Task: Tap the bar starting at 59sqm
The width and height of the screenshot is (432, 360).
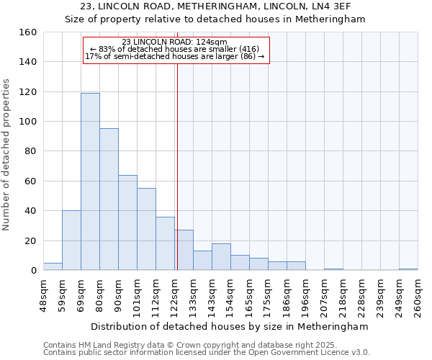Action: click(71, 240)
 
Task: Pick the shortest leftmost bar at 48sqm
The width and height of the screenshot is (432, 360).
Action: click(53, 266)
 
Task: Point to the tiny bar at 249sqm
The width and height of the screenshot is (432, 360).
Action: click(408, 269)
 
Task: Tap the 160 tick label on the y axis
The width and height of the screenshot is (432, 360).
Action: click(27, 32)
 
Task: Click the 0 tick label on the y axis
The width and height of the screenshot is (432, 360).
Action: click(33, 271)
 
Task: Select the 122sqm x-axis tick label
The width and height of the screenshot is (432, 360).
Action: click(174, 295)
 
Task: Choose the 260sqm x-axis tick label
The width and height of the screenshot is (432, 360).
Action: click(418, 295)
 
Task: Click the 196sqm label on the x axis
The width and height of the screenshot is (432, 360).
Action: click(305, 295)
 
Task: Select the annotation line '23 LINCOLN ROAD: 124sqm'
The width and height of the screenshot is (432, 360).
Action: click(175, 42)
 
